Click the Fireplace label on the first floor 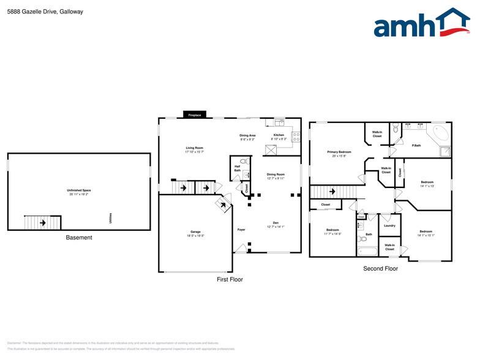[195, 115]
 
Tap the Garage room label [195, 232]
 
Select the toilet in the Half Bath [243, 162]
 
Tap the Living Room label [195, 148]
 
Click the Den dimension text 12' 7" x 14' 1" [276, 227]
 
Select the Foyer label [241, 230]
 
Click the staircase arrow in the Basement [42, 223]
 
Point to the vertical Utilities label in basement [110, 218]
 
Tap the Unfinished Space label [79, 190]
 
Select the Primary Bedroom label [339, 152]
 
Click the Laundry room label [389, 225]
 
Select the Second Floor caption [380, 268]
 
